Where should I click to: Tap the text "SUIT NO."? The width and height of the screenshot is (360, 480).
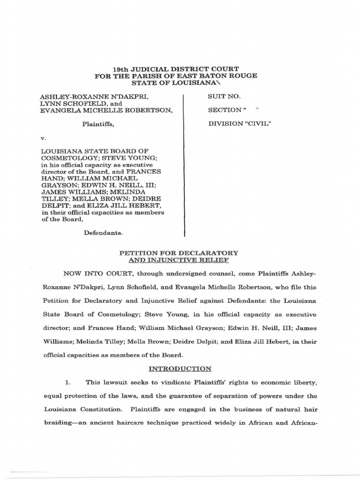click(x=224, y=97)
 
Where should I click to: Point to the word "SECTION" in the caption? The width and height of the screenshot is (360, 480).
click(x=224, y=110)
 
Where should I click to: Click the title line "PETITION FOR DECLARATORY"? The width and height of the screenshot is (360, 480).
click(x=180, y=253)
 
